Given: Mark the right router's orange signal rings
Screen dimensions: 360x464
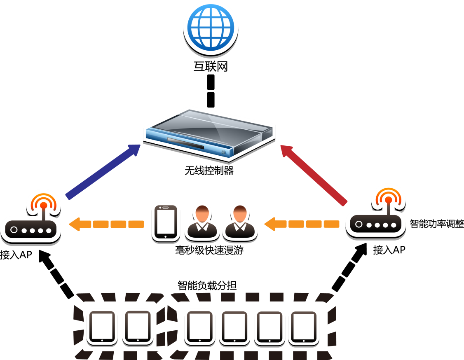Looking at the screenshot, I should coord(388,196).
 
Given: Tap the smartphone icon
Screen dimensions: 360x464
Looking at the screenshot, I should coord(166,222).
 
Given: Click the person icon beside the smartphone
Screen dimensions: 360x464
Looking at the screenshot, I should coord(202,222).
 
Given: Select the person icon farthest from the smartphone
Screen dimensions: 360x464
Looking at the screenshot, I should coord(240,222).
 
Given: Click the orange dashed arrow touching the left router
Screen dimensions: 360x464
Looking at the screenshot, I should coord(106,224).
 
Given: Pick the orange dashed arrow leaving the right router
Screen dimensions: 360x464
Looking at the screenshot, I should coord(301,224).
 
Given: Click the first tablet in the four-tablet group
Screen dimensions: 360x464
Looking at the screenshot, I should coord(200,326).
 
